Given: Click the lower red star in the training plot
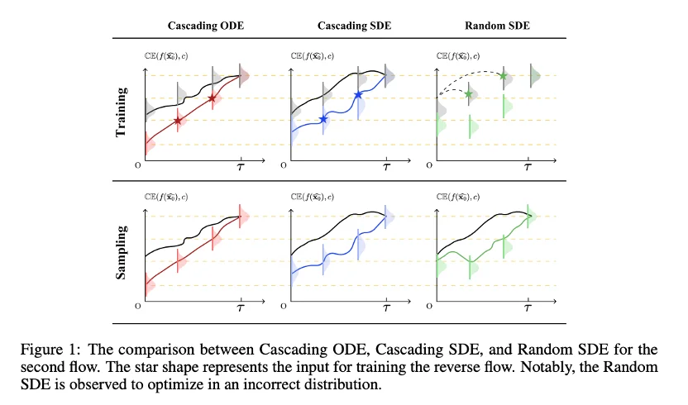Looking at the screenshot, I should click(x=178, y=121).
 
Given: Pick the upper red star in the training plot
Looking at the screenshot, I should click(x=213, y=98).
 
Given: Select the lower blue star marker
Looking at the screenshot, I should click(x=322, y=120).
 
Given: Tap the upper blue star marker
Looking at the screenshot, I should click(x=358, y=96).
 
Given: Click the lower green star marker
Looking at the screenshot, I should click(x=469, y=94).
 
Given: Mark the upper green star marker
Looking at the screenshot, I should click(x=502, y=76).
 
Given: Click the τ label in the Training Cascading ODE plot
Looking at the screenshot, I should click(x=241, y=167).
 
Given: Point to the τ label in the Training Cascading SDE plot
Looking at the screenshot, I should click(x=385, y=167).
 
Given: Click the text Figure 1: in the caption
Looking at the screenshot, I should click(x=139, y=340).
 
